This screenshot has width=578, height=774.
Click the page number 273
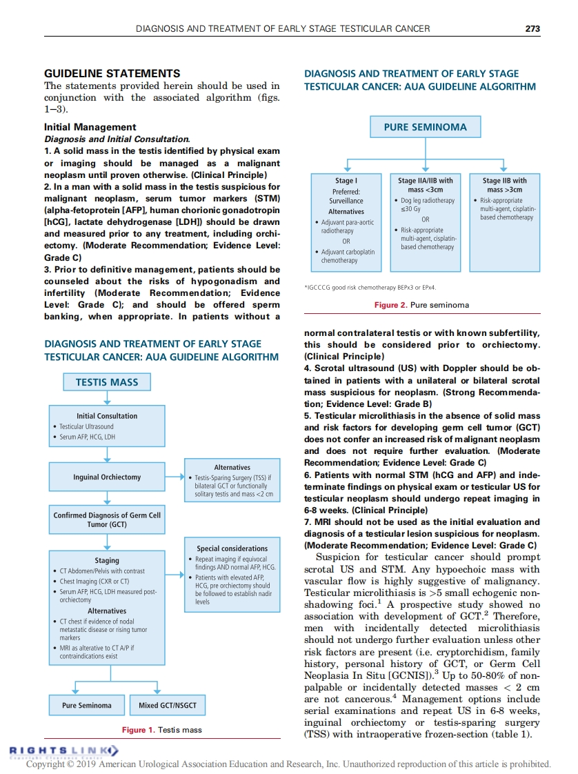[532, 28]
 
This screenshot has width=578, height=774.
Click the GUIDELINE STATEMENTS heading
[112, 74]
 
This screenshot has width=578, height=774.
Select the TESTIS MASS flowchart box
[106, 382]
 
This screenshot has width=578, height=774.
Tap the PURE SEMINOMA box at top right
[425, 127]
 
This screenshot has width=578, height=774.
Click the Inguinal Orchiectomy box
[107, 477]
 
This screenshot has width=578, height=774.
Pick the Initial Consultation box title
[107, 416]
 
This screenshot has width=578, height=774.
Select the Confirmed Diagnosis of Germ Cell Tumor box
[107, 519]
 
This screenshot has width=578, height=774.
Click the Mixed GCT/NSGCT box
[168, 705]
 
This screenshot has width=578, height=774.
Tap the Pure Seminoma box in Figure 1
[86, 705]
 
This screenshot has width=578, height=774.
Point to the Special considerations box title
[232, 548]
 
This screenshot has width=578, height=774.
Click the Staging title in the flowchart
[107, 560]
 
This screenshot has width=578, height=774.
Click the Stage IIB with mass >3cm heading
[504, 186]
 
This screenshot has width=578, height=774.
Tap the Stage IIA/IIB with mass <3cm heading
[425, 186]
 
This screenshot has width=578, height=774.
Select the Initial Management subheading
[90, 128]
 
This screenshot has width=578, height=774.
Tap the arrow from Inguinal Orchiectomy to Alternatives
[175, 477]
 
